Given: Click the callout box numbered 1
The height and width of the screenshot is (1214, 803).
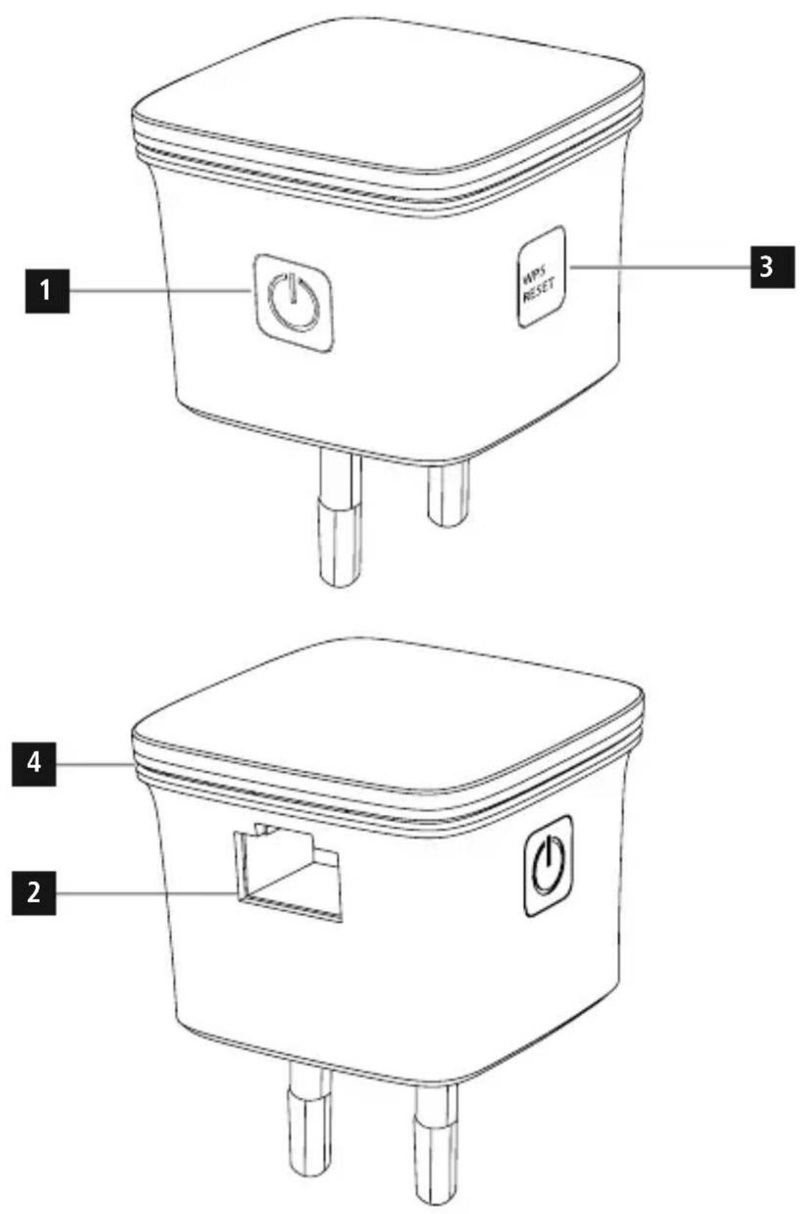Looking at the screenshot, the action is [47, 291].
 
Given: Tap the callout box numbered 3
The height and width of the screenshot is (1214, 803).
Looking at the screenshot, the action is [772, 267].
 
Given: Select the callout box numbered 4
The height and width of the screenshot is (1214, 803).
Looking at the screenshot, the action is [34, 764].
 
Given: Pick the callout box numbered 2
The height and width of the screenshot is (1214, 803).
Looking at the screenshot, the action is [34, 893].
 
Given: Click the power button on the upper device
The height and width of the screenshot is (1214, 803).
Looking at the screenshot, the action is [294, 304].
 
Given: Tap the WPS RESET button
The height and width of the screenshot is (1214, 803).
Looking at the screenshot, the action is [540, 276].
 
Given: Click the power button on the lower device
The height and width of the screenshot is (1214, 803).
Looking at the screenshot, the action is [549, 866].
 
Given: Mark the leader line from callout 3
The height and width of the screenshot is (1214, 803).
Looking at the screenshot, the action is [660, 267].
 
